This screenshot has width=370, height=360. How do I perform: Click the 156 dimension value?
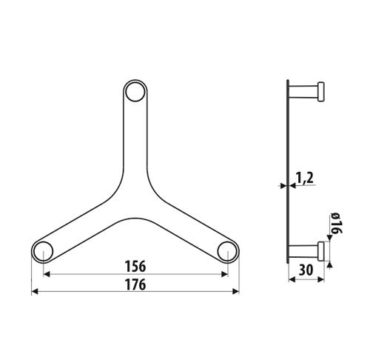(x=135, y=267)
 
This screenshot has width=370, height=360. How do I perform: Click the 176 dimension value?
(x=135, y=284)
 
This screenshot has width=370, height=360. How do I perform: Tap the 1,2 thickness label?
(x=305, y=178)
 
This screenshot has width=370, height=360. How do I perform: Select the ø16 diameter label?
(x=336, y=224)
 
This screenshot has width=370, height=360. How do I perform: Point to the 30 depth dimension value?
(x=306, y=270)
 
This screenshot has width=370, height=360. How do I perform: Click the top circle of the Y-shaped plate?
(x=135, y=92)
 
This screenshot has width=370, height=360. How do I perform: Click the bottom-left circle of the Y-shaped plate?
(x=44, y=251)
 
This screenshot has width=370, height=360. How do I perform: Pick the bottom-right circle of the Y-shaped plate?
(x=227, y=251)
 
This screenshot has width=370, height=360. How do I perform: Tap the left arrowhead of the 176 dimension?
(x=35, y=292)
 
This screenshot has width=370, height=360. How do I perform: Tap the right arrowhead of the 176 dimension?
(x=236, y=292)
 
